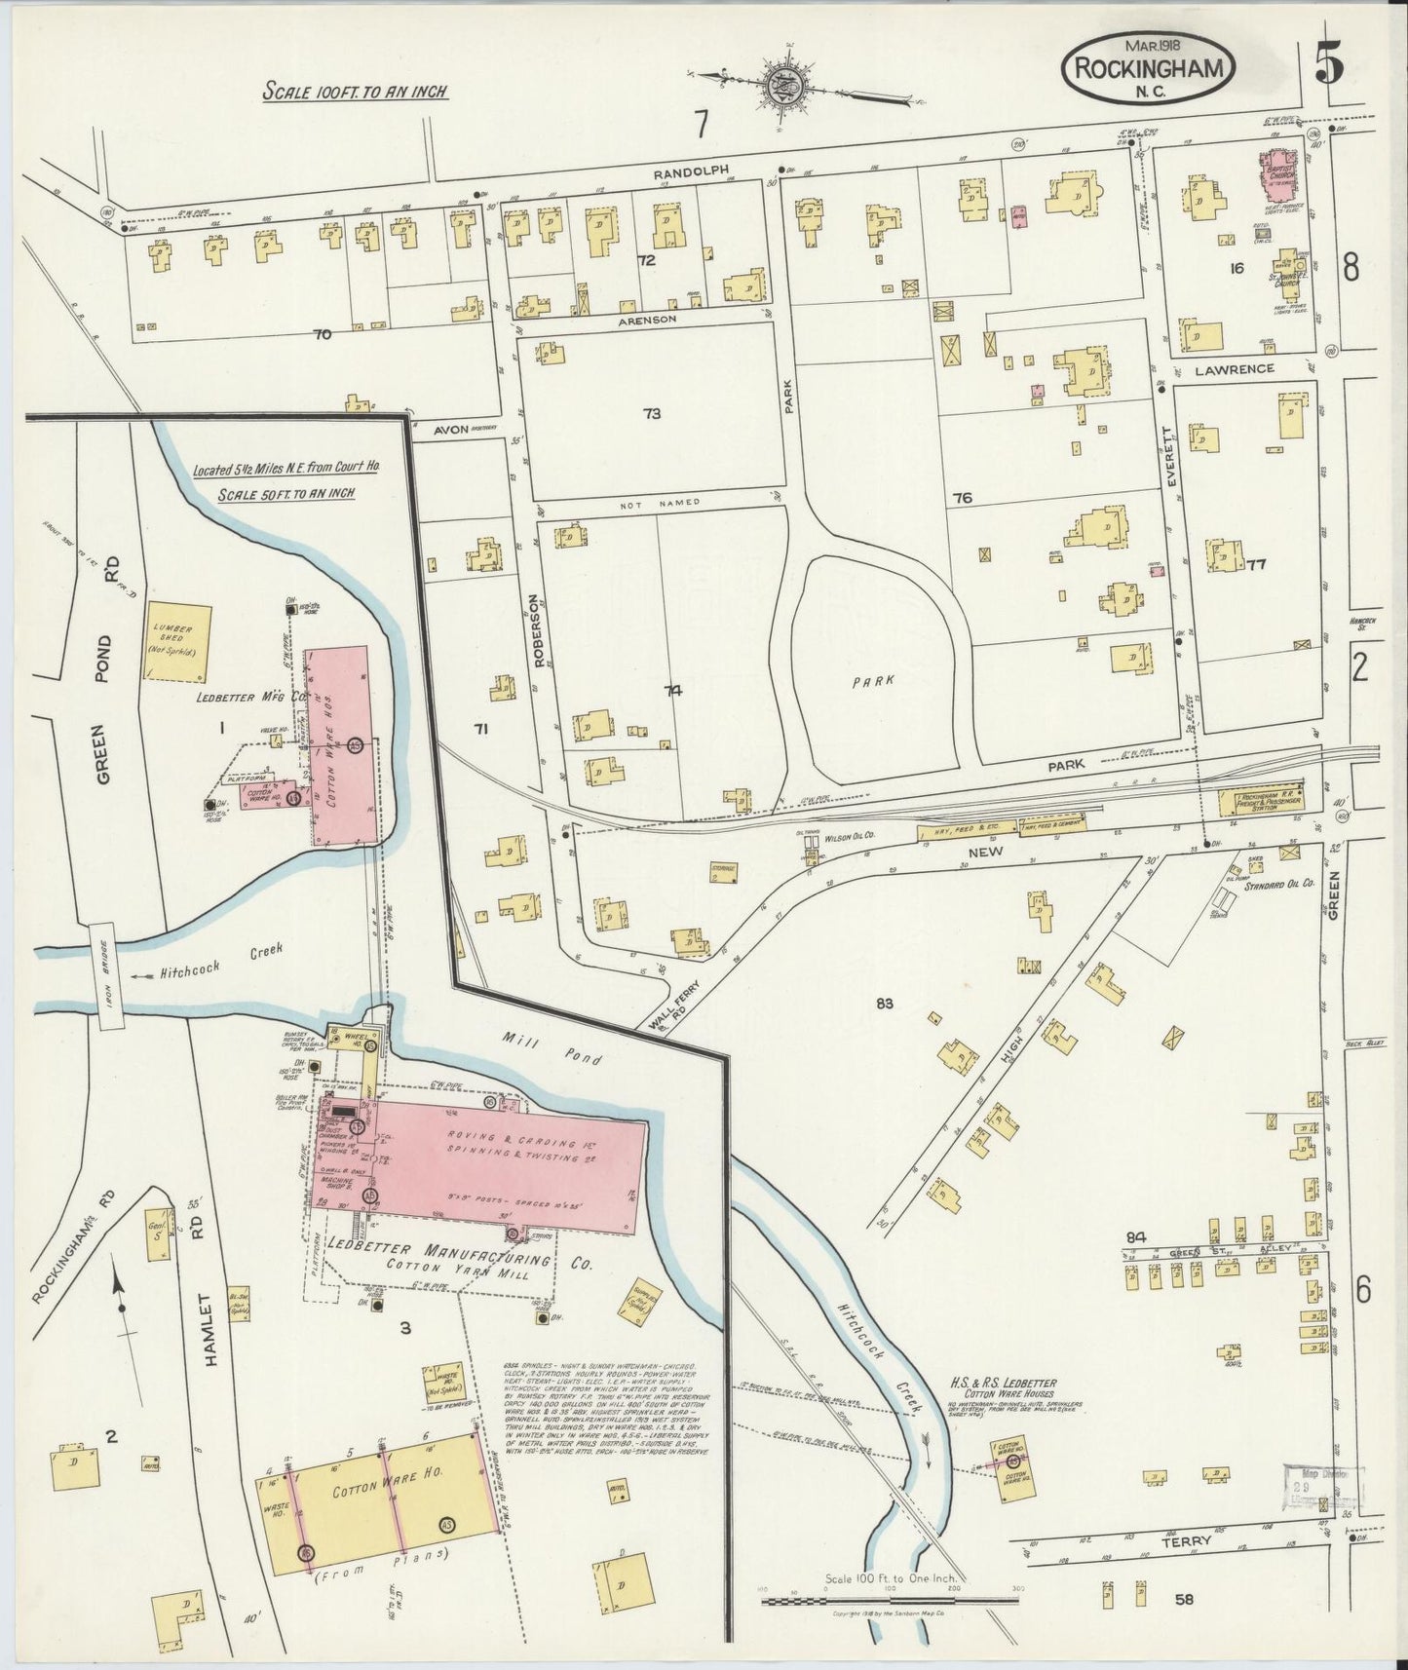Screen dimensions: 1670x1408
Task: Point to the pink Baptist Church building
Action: pos(1279,169)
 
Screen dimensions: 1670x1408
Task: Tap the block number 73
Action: pos(651,413)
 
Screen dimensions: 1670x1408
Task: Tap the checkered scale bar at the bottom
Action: pos(889,1600)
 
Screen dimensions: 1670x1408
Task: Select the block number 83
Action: pos(885,1003)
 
